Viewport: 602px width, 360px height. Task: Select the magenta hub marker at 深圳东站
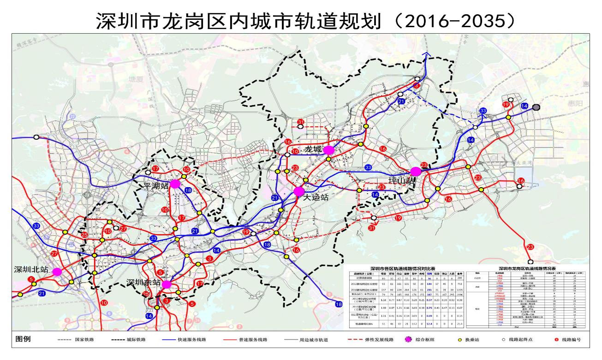(167, 284)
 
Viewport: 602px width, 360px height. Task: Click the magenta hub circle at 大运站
(299, 191)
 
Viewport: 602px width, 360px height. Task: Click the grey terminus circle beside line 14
(536, 107)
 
